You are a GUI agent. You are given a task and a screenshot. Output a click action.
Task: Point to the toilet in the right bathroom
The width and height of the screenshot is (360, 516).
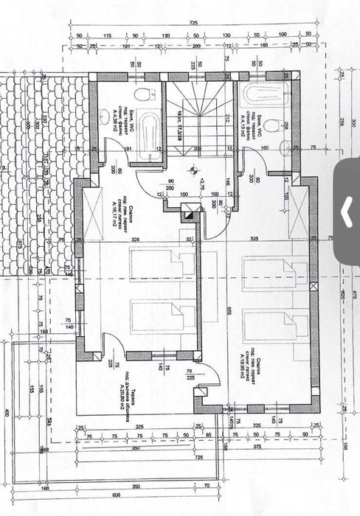tap(272, 128)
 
